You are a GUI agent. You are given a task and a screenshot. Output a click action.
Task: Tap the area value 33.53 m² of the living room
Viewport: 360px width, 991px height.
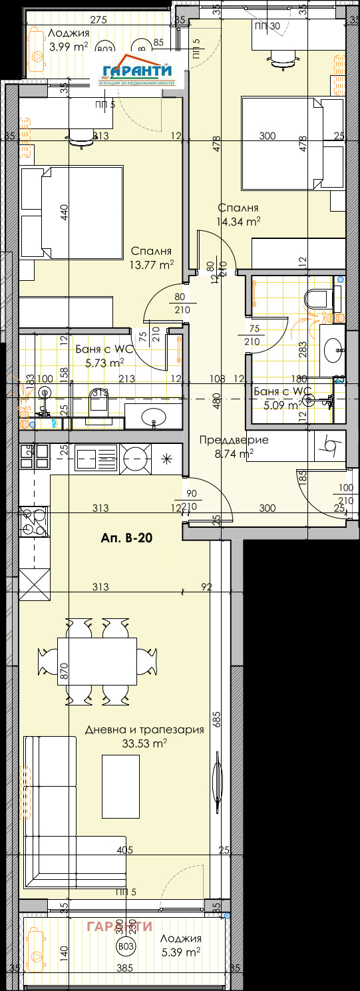tap(144, 743)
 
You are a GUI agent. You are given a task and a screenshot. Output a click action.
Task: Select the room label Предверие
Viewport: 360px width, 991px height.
tap(234, 439)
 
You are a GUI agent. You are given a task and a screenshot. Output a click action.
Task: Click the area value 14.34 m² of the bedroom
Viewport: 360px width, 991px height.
tap(238, 221)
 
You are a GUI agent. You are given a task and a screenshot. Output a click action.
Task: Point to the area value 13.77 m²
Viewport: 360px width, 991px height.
tap(152, 264)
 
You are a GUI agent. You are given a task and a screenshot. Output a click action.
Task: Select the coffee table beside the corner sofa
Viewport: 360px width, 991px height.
tap(121, 786)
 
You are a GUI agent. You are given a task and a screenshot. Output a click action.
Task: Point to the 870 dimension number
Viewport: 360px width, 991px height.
tap(65, 670)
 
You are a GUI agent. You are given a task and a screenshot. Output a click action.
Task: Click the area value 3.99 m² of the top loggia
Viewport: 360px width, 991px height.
tap(69, 47)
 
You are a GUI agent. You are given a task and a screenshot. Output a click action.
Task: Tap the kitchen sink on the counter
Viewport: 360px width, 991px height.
tap(88, 457)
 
